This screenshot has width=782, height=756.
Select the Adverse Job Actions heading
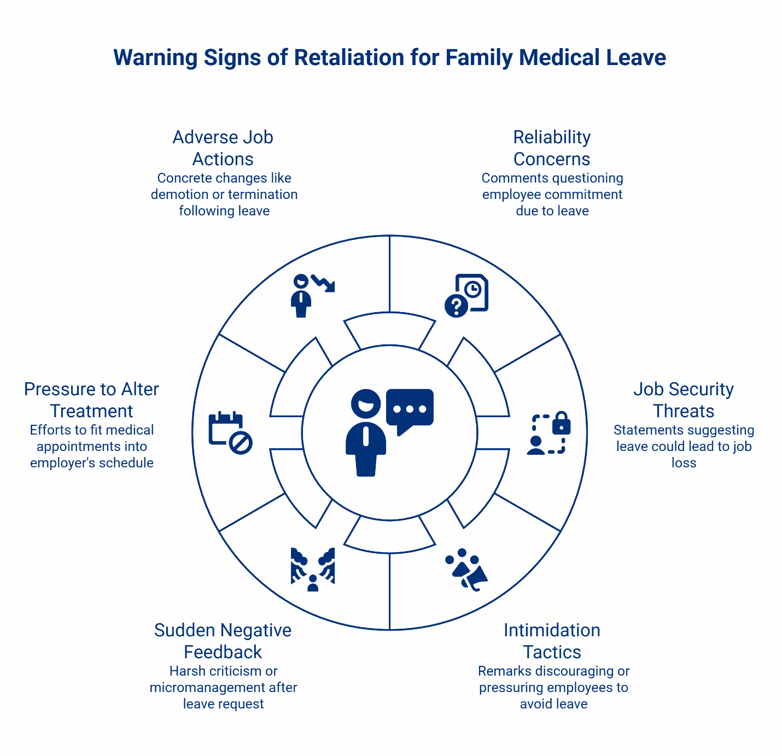[223, 148]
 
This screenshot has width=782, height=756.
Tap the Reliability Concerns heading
[552, 148]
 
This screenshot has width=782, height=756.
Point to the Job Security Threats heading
[684, 400]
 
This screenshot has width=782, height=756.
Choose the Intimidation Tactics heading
[552, 641]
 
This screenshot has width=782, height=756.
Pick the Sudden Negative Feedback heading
[223, 641]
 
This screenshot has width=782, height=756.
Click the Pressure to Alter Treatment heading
[92, 400]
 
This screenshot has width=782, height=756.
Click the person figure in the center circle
[366, 432]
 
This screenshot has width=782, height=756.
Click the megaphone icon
[473, 576]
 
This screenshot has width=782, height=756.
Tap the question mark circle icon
[456, 305]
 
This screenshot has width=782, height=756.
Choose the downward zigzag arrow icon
[323, 283]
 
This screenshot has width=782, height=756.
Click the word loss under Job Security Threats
[684, 463]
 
